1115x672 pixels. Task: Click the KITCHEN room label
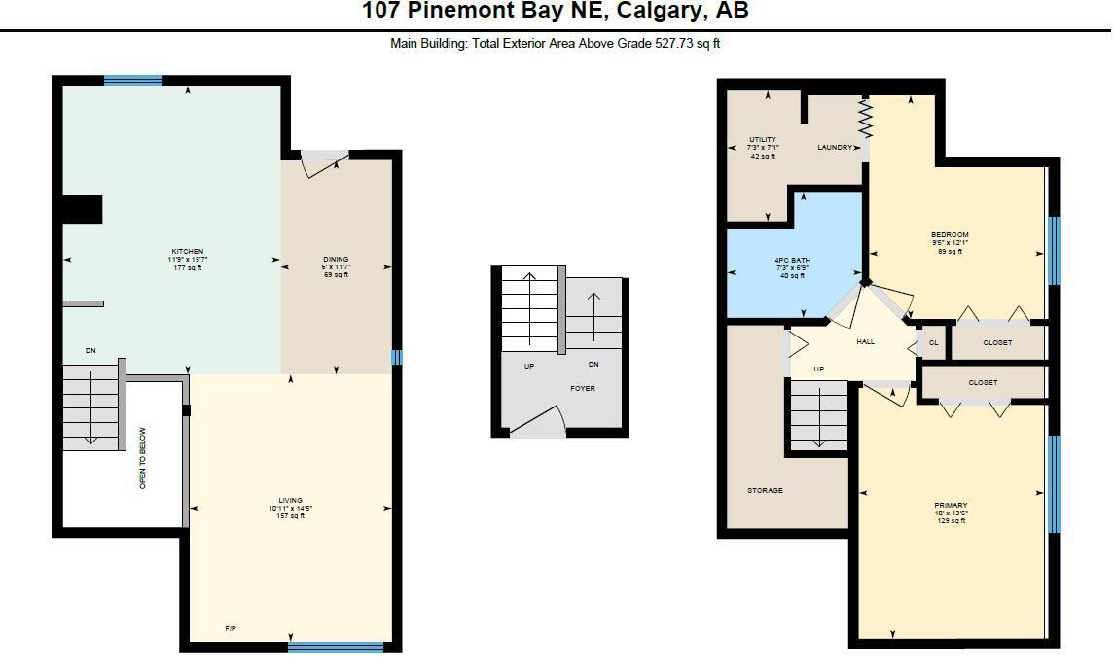pos(187,252)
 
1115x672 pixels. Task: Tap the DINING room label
pos(336,260)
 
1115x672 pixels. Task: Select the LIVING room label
pos(290,501)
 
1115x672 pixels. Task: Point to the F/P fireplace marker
pos(231,629)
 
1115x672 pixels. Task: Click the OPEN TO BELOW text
pos(143,457)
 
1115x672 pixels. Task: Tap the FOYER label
pos(582,388)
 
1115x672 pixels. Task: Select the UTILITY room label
pos(762,140)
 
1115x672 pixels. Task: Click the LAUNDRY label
pos(835,148)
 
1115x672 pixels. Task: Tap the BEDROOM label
pos(949,235)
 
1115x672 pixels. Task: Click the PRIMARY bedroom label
pos(950,506)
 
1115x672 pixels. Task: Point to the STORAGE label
pos(765,491)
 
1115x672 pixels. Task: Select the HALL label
pos(865,342)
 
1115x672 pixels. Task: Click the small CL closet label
pos(933,342)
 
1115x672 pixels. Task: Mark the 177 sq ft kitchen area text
pos(187,267)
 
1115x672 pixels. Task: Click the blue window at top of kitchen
pos(133,81)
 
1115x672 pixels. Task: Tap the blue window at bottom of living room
pos(336,646)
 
